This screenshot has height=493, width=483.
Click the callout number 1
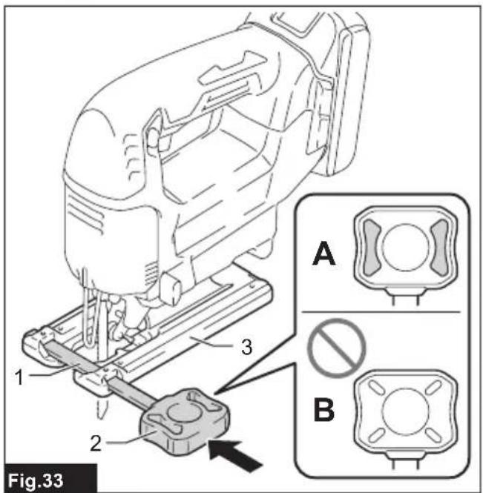coord(19,377)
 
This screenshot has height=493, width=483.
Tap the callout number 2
coord(96,443)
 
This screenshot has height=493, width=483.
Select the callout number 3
coord(247,347)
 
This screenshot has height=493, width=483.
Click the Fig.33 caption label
coord(35,480)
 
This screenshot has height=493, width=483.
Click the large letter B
coord(324,410)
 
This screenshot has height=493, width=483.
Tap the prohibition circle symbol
coord(336,348)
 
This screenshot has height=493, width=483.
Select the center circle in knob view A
coord(405,247)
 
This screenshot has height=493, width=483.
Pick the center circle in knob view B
coord(405,411)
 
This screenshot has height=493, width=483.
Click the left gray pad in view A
coord(372,246)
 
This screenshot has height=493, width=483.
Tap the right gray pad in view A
coord(439,246)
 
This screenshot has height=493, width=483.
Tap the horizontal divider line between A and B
coord(381,312)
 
